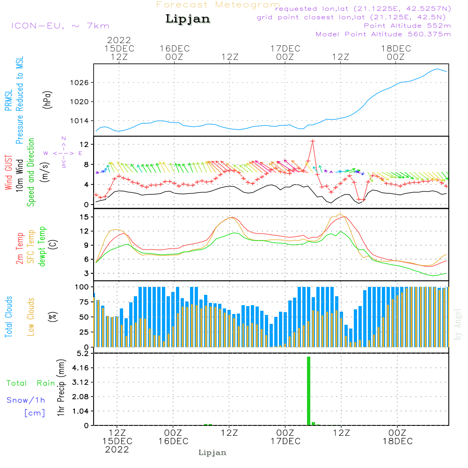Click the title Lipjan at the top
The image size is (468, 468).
tap(188, 19)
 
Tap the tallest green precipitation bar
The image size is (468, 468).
tap(308, 391)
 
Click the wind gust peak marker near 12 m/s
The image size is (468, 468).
tap(313, 141)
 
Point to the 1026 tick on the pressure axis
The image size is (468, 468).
tap(80, 83)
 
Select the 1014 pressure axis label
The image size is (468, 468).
tap(80, 121)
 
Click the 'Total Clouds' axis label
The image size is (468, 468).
tap(8, 317)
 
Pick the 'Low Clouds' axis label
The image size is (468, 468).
tap(31, 317)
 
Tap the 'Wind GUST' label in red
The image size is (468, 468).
tap(8, 172)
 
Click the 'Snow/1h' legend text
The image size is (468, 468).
tap(26, 400)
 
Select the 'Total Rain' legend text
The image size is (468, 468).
tap(31, 383)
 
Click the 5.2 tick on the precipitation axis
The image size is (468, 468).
tap(83, 354)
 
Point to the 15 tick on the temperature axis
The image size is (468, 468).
tap(84, 217)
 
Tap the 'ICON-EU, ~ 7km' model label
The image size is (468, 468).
tap(60, 26)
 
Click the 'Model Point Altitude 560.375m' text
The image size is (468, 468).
tap(383, 34)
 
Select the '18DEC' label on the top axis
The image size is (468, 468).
tap(396, 49)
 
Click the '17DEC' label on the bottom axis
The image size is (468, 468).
tap(285, 441)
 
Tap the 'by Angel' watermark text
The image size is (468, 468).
tap(458, 324)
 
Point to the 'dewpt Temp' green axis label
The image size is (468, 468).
tap(42, 246)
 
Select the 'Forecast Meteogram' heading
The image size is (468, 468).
tap(218, 5)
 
